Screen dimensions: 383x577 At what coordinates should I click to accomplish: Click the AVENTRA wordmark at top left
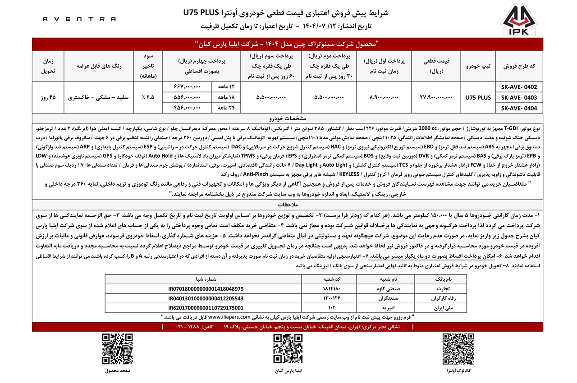(79, 19)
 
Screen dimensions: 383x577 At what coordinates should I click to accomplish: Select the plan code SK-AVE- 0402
(519, 87)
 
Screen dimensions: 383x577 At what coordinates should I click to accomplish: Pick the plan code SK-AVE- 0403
(519, 97)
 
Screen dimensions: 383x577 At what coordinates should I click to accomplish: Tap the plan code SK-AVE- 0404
(519, 108)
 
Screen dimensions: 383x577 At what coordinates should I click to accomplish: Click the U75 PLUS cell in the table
(478, 97)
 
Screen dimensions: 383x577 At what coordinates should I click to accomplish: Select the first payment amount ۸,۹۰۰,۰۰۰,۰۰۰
(385, 97)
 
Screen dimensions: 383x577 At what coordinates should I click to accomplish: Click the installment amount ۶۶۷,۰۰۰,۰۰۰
(187, 87)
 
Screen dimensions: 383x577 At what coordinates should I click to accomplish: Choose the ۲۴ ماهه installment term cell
(225, 108)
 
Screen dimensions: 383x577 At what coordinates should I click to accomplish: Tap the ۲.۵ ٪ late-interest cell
(148, 97)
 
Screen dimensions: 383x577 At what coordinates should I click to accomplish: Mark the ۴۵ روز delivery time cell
(48, 97)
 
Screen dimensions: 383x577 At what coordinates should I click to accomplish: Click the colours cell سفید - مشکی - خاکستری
(99, 97)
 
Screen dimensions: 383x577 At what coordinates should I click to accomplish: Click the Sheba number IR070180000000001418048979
(205, 288)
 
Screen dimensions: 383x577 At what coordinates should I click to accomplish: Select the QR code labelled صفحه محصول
(117, 350)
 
